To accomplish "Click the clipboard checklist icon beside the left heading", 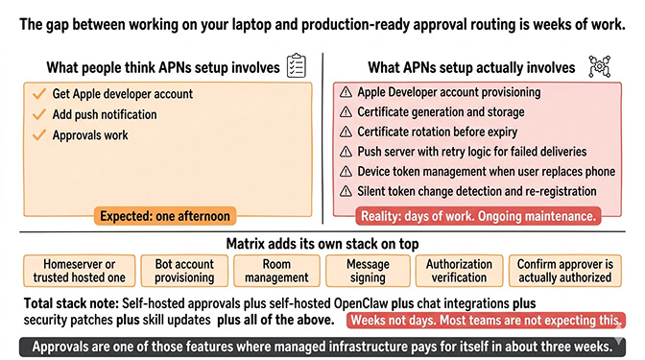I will pos(297,67).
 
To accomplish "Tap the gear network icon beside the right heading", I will pos(601,67).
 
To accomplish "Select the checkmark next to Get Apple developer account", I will pos(38,94).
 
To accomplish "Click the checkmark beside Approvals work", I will pos(38,135).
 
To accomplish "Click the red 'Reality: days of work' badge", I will pos(478,216).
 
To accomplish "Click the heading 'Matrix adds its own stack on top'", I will pos(322,243).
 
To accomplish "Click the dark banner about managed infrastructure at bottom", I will pos(322,345).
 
